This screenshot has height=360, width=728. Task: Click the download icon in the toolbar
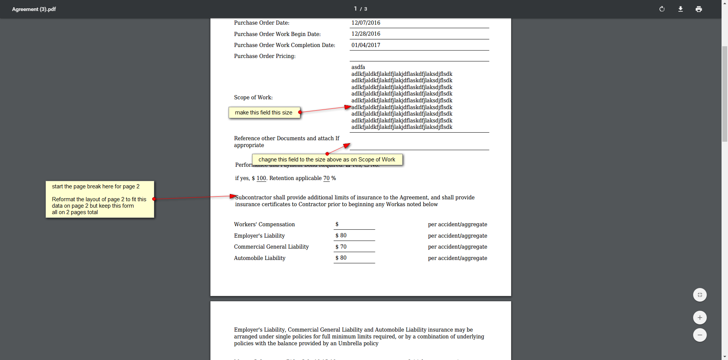click(x=681, y=9)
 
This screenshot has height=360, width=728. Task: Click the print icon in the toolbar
click(x=699, y=9)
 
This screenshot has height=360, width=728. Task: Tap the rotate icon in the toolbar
click(x=662, y=9)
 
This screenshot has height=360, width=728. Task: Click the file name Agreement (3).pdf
click(x=34, y=9)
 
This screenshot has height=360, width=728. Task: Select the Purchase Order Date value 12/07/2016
click(x=366, y=23)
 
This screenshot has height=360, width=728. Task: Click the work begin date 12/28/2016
click(x=366, y=34)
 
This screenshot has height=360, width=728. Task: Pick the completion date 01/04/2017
click(x=366, y=45)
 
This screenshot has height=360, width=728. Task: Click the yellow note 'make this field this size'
click(x=264, y=113)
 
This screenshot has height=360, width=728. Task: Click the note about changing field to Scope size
click(x=327, y=160)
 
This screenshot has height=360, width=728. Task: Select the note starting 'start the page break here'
click(x=100, y=199)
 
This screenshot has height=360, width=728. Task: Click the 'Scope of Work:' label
click(x=253, y=97)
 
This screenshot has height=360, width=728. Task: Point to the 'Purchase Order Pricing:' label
click(x=265, y=56)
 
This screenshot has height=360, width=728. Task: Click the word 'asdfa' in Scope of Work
click(x=358, y=67)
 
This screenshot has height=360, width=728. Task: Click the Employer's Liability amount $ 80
click(x=341, y=235)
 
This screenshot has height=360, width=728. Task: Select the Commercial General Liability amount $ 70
click(x=341, y=247)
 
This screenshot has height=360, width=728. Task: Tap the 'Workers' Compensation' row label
click(x=264, y=224)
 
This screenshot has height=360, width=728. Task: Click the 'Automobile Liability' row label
click(x=260, y=258)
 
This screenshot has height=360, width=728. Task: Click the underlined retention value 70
click(x=326, y=178)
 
